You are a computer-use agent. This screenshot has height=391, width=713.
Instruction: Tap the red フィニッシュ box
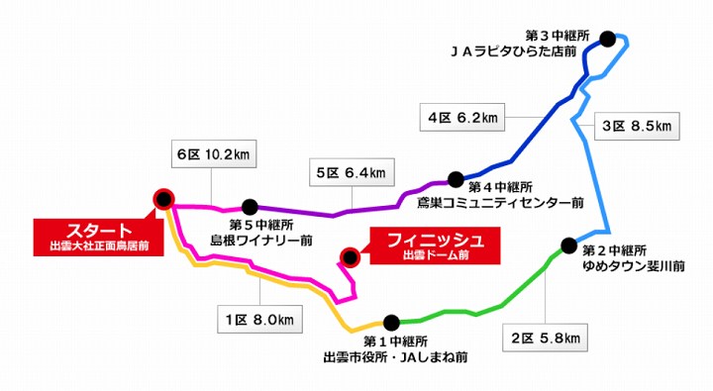433,245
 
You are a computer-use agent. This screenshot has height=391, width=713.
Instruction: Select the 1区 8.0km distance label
256,319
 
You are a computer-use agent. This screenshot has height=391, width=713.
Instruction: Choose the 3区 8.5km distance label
635,126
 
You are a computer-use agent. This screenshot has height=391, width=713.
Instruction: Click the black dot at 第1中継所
391,322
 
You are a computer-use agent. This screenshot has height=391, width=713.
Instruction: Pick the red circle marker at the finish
350,257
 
